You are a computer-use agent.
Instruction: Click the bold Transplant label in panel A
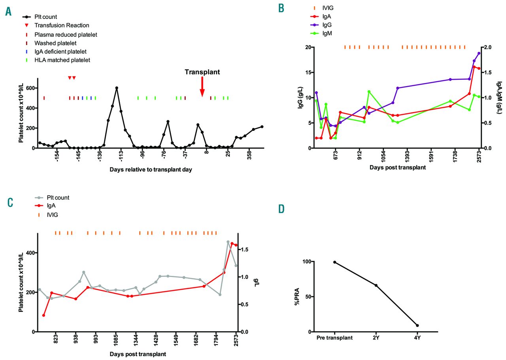pyautogui.click(x=202, y=72)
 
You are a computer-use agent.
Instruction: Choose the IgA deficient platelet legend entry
pyautogui.click(x=66, y=51)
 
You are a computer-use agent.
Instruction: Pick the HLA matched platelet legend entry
pyautogui.click(x=68, y=60)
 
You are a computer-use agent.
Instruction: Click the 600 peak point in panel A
pyautogui.click(x=117, y=88)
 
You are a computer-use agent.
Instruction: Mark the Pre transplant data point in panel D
pyautogui.click(x=334, y=262)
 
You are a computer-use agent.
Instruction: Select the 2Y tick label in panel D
pyautogui.click(x=376, y=338)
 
